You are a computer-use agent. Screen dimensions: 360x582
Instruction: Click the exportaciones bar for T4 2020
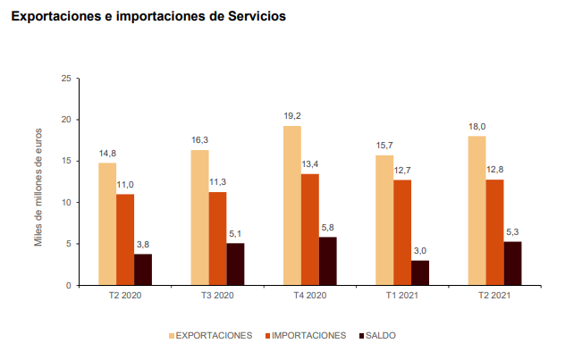(x=292, y=205)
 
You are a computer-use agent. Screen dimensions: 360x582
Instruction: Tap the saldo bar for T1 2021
(x=420, y=272)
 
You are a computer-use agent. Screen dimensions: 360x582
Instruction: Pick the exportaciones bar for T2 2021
(x=477, y=210)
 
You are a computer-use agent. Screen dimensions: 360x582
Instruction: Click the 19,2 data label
(x=292, y=116)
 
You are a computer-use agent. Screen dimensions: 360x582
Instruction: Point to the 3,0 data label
(x=420, y=251)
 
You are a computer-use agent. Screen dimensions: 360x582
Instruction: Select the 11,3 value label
(x=217, y=182)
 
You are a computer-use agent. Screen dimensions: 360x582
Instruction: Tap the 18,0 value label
(x=477, y=127)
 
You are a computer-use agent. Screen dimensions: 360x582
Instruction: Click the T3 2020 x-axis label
(x=217, y=295)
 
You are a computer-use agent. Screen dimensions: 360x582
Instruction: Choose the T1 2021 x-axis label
(x=402, y=295)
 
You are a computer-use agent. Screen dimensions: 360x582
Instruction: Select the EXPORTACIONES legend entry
(x=210, y=336)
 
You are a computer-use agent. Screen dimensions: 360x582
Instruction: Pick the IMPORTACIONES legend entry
(x=305, y=336)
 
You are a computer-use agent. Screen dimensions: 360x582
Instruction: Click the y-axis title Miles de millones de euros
(x=39, y=182)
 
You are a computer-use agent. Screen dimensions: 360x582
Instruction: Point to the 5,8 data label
(x=328, y=227)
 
